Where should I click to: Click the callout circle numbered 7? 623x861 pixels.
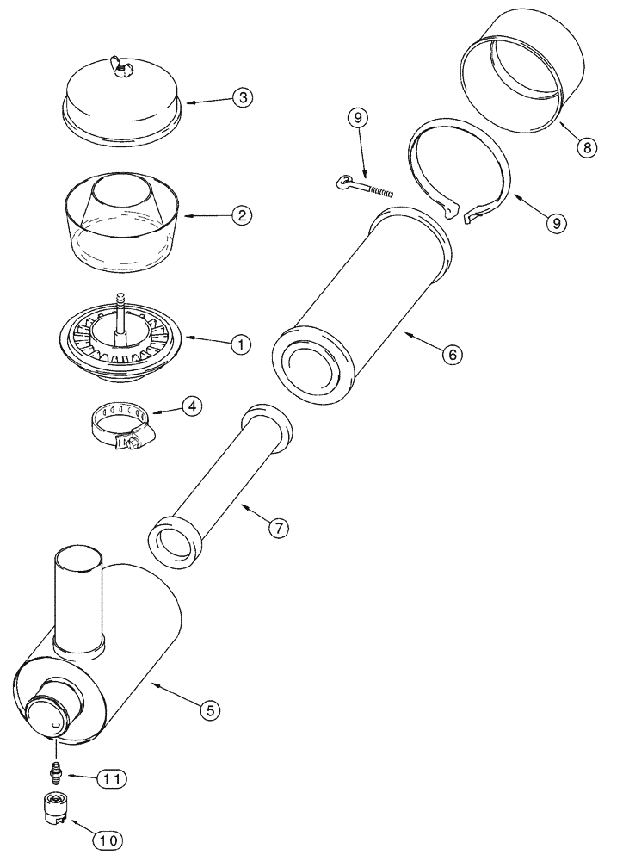(277, 530)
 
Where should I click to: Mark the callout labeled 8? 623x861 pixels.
(586, 147)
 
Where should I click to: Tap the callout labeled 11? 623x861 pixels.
(113, 778)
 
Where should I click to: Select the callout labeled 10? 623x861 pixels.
(113, 836)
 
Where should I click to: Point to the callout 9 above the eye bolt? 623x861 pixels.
(361, 118)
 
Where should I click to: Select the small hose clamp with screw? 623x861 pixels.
(122, 428)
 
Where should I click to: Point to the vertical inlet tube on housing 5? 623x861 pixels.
(79, 594)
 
